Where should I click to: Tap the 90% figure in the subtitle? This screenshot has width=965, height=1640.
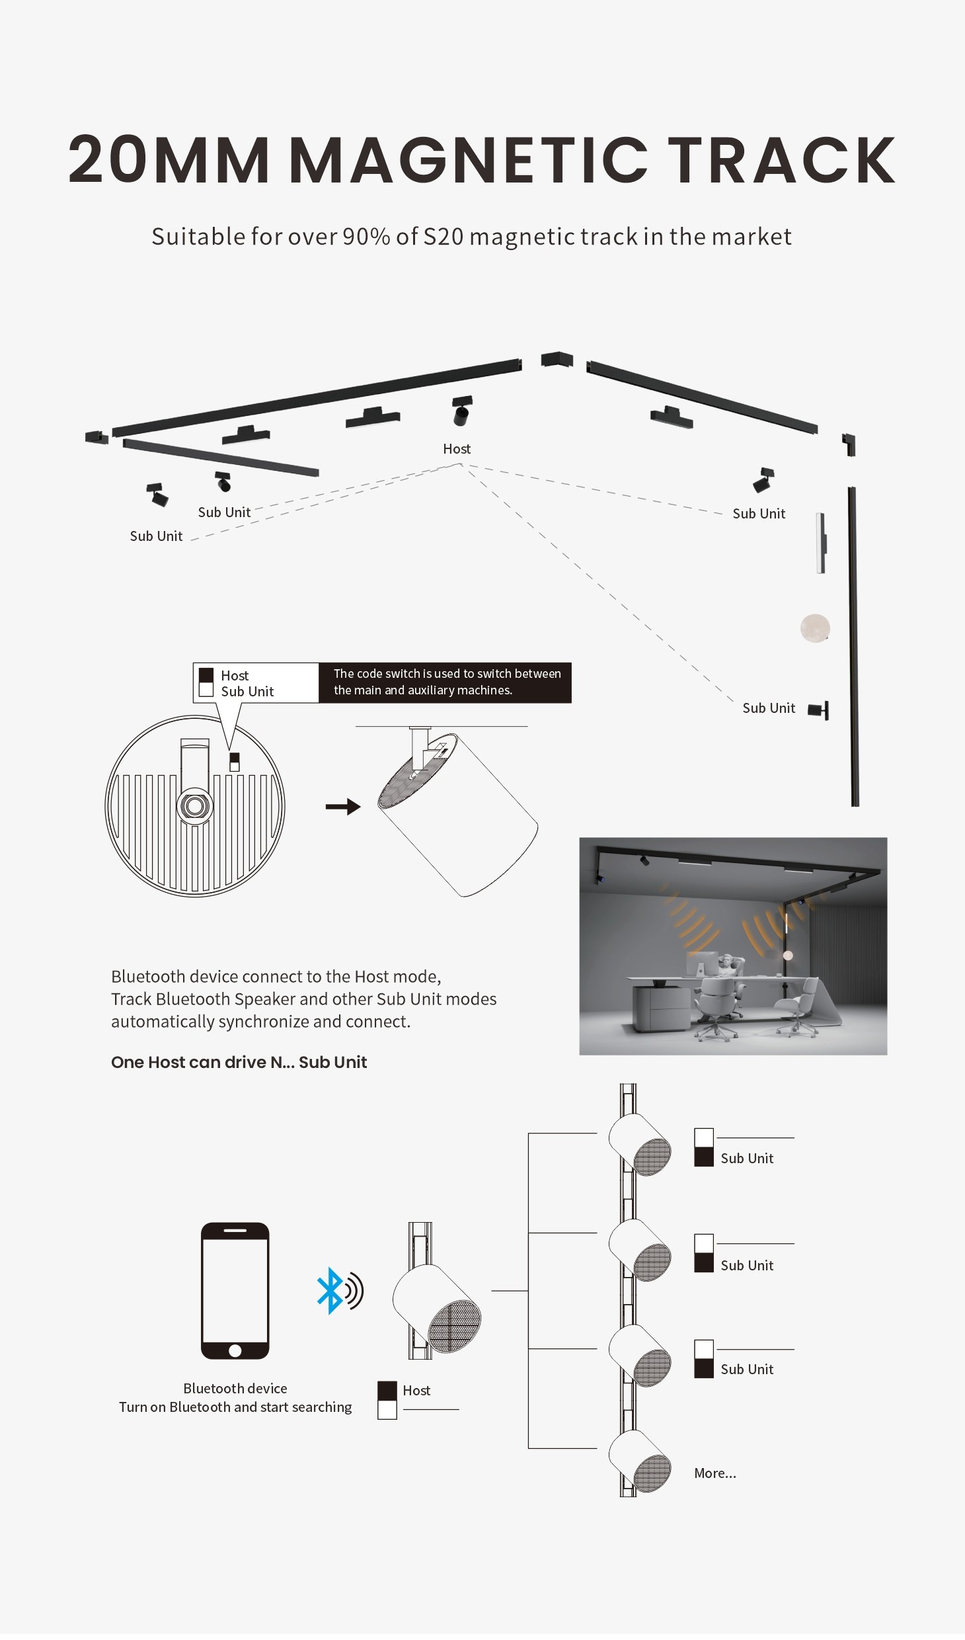366,237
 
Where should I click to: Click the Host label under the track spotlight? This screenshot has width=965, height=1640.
457,449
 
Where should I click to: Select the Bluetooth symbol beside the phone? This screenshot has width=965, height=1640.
330,1290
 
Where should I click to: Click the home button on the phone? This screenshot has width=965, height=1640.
235,1350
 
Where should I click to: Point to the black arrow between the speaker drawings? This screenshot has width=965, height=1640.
343,806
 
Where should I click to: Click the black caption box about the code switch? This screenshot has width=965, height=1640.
445,682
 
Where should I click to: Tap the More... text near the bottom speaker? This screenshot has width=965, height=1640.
714,1473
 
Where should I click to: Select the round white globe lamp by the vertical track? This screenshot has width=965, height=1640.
815,628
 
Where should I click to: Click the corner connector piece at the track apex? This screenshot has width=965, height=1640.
557,359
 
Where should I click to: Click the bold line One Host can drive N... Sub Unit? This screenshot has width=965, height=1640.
239,1062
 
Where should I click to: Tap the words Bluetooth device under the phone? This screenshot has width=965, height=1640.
235,1388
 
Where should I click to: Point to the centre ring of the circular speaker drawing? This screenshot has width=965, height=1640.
195,805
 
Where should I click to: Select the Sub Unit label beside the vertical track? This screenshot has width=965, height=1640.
769,708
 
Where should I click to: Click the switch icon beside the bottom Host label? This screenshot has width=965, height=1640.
387,1400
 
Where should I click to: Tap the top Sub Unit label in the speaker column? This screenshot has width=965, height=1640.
747,1158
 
